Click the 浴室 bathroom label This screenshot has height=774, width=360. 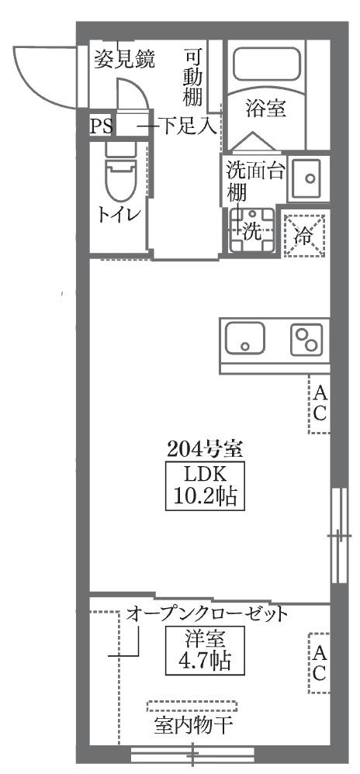coord(266,108)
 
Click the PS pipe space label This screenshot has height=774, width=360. coord(101,126)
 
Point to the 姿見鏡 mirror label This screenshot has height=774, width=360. coord(124,59)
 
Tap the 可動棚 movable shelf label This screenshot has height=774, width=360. coord(192,77)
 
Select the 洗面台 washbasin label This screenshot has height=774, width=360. coord(255,171)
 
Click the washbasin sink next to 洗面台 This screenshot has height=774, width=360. coord(309,178)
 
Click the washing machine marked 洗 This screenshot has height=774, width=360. coord(252,230)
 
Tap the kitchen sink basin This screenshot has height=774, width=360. coord(245,339)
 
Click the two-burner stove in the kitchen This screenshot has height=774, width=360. coord(306,339)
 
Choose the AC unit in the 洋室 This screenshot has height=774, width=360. coord(319,663)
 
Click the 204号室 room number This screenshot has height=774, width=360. coord(204,449)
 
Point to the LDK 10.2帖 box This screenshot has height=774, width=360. coord(205,486)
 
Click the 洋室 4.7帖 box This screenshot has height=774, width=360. coord(205,651)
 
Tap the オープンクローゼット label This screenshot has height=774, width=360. coord(207,614)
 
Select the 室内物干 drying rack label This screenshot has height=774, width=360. coord(193,725)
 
